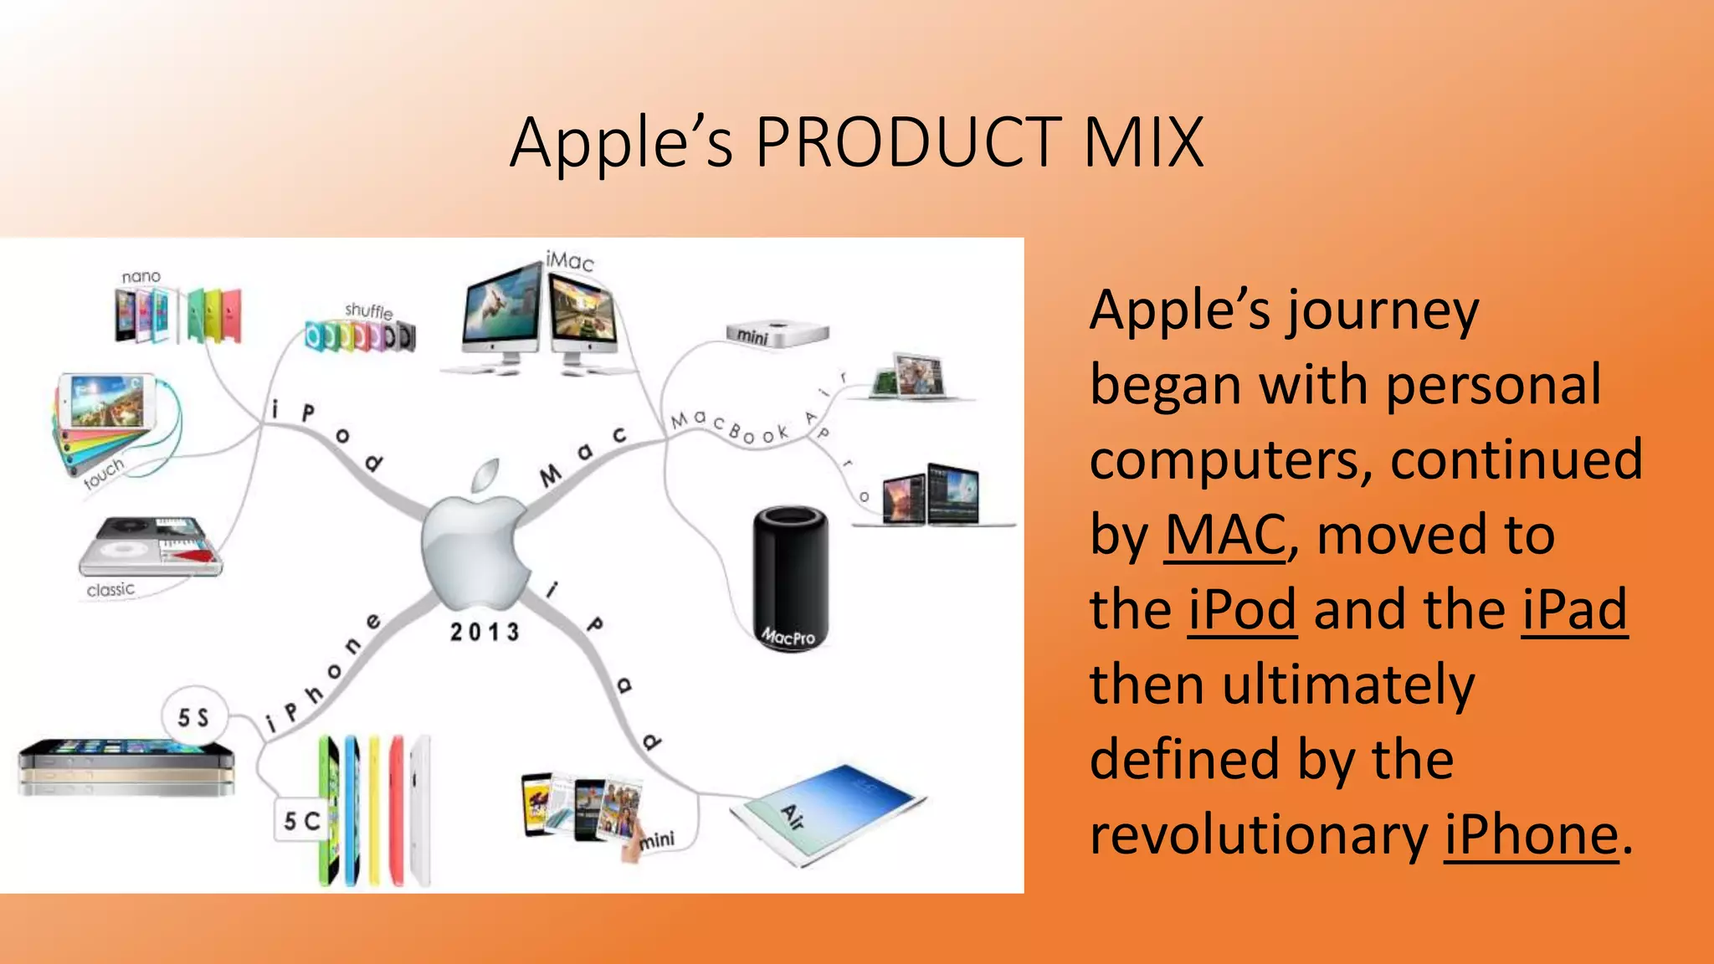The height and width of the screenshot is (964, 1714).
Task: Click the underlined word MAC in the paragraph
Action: [1225, 536]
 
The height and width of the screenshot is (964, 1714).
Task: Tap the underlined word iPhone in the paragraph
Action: [1532, 835]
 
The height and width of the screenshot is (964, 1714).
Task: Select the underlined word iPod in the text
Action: [1243, 610]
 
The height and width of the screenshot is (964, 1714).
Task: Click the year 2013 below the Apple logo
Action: [485, 632]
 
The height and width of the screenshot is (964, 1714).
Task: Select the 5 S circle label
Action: [193, 717]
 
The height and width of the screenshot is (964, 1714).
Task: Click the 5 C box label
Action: [300, 821]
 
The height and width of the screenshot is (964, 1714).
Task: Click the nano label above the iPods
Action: [141, 277]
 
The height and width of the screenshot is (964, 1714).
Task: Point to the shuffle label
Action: [368, 310]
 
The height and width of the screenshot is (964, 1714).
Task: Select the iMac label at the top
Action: [570, 261]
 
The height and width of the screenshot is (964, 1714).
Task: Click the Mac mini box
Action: [777, 335]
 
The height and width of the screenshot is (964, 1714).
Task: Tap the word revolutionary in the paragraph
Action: [1259, 835]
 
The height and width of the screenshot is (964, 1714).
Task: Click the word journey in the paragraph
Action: [1383, 311]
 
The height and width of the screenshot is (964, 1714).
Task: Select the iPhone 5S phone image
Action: [126, 767]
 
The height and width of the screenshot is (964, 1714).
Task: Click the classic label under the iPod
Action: [110, 590]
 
